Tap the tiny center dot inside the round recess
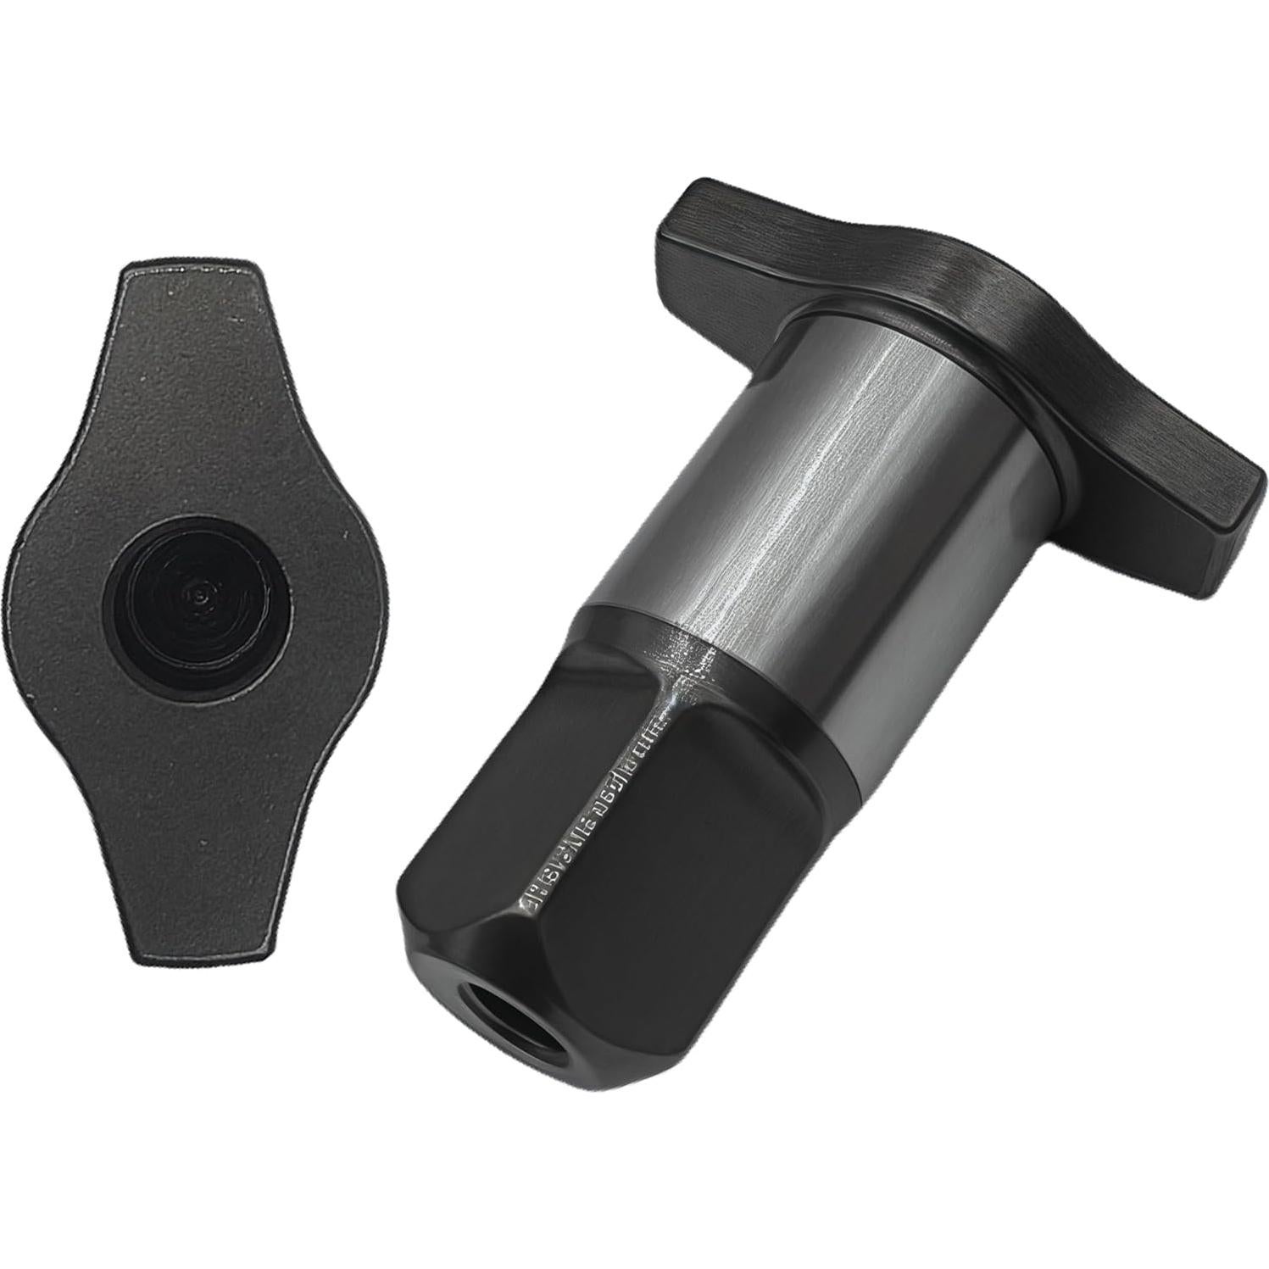197,596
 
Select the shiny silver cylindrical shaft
848,509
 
